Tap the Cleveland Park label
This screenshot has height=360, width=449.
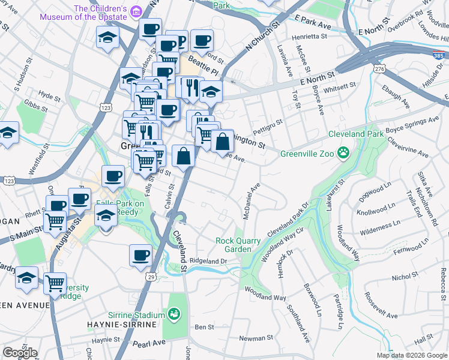click(356, 134)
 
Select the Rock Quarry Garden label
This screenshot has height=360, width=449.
click(238, 245)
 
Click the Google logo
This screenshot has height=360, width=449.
click(20, 353)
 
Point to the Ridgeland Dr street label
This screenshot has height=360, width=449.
click(208, 261)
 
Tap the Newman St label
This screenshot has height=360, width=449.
click(256, 338)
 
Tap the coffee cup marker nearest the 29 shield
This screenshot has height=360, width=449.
click(140, 254)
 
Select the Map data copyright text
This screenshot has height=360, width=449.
click(412, 355)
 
